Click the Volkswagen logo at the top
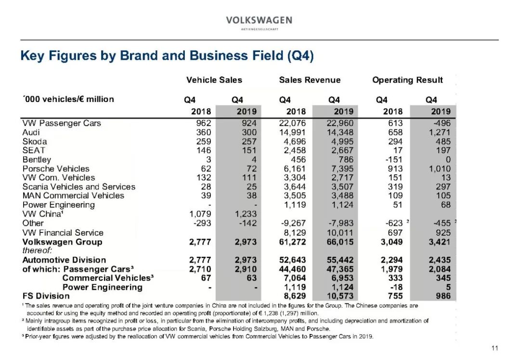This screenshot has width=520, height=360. [259, 22]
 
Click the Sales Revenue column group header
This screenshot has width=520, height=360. [310, 80]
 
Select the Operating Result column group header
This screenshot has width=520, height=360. [407, 80]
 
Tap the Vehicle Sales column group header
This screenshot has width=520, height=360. [214, 80]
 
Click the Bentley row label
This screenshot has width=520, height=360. [37, 160]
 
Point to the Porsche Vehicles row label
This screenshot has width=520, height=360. [56, 169]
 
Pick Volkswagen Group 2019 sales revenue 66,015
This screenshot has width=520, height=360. [340, 242]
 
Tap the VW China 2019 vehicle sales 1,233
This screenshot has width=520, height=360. [246, 214]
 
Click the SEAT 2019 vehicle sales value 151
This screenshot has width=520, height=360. [249, 151]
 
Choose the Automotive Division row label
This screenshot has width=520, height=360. [57, 260]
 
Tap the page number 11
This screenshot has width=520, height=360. [495, 348]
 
